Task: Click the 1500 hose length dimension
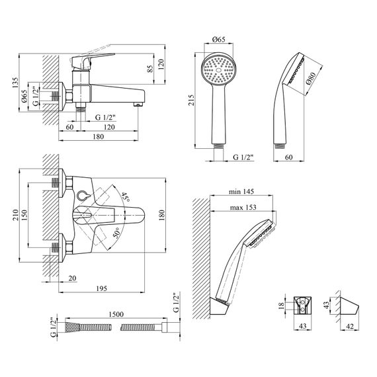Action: (x=116, y=314)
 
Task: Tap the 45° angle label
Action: (x=126, y=197)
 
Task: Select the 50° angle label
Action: (x=117, y=233)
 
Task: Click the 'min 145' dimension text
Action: (x=241, y=191)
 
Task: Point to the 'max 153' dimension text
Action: (x=243, y=207)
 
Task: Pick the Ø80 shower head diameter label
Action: (x=311, y=79)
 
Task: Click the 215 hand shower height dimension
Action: (x=191, y=100)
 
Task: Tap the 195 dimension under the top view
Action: (x=101, y=288)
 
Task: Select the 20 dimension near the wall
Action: (x=72, y=278)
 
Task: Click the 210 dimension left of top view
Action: (x=15, y=215)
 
